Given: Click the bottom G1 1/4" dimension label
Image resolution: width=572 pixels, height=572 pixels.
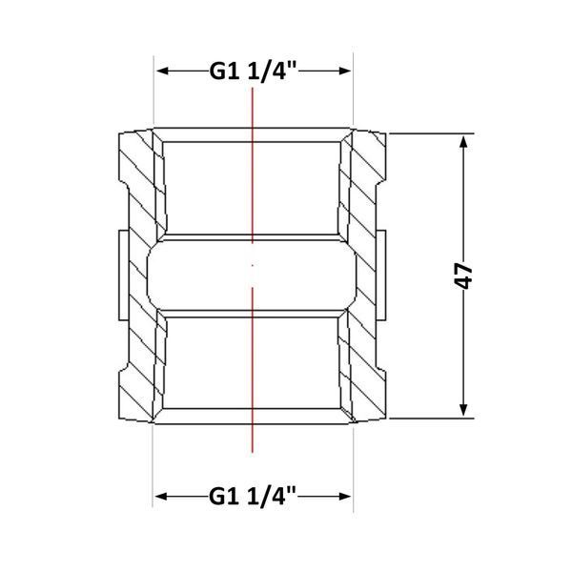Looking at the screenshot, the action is [253, 496].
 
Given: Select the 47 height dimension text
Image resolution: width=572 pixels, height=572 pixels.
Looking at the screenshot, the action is [463, 276].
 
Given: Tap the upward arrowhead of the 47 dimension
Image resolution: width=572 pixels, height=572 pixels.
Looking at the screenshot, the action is [463, 141].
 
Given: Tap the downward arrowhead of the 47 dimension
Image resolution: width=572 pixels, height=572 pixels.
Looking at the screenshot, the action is [463, 410].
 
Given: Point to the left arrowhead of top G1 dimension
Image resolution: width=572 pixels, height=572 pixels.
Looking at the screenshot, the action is [162, 71].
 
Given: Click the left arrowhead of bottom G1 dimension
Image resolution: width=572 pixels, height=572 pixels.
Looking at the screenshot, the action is [162, 496].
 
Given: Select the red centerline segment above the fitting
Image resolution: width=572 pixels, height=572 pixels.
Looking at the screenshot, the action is [253, 165].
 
